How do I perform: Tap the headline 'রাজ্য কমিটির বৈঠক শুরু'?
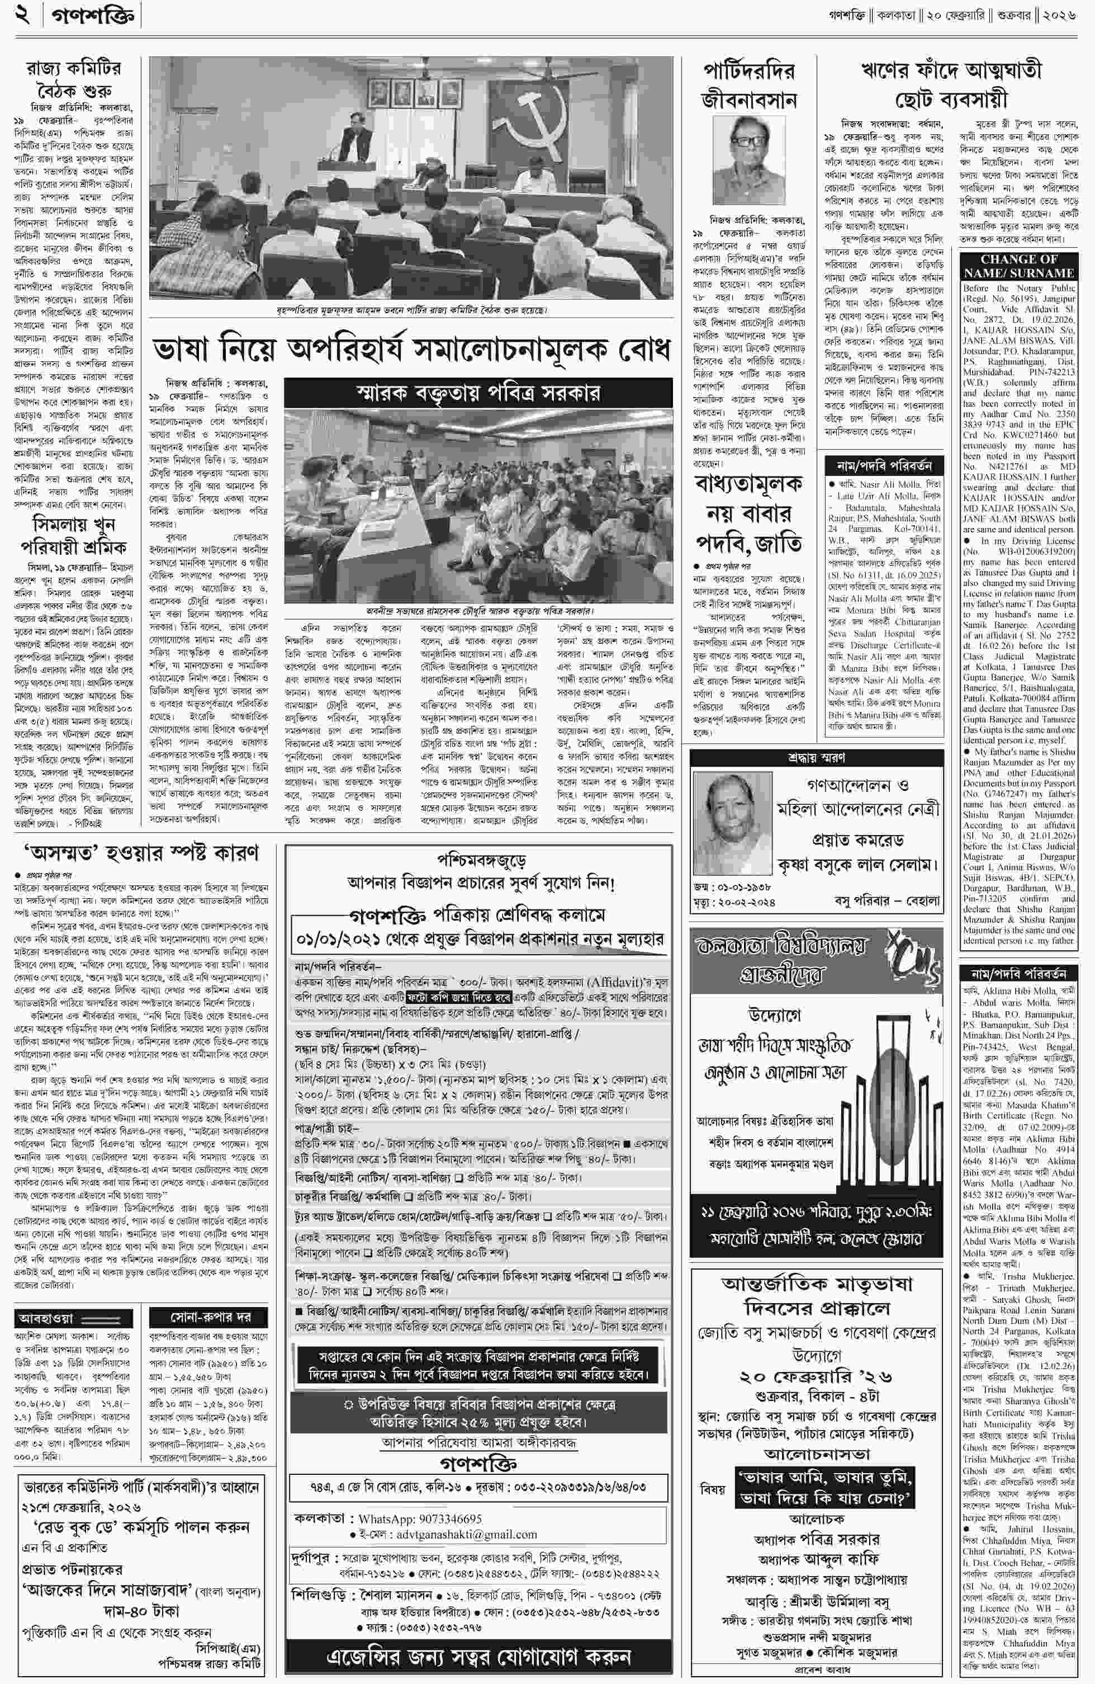click(x=74, y=80)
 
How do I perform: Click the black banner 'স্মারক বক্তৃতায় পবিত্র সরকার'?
click(x=478, y=393)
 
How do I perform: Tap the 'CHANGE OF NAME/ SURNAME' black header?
click(x=1018, y=266)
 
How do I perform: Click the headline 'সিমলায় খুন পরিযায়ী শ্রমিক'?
click(x=74, y=536)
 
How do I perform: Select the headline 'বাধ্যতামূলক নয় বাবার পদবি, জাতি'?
click(x=748, y=513)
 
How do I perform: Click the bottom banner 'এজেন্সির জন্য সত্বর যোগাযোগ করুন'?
click(x=478, y=1658)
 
